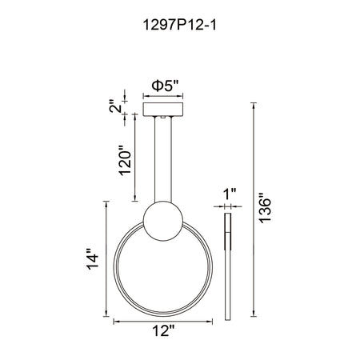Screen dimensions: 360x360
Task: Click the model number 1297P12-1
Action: [179, 26]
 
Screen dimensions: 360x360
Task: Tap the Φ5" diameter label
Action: [165, 86]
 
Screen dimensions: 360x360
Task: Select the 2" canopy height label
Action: [116, 106]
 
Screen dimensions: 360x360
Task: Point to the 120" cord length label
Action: [125, 160]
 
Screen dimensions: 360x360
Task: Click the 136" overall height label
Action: [265, 208]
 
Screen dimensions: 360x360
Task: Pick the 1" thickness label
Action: [230, 194]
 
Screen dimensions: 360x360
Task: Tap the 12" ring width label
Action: [163, 331]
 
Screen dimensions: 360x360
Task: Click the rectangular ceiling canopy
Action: [163, 110]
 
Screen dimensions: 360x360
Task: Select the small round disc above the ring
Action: [163, 221]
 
